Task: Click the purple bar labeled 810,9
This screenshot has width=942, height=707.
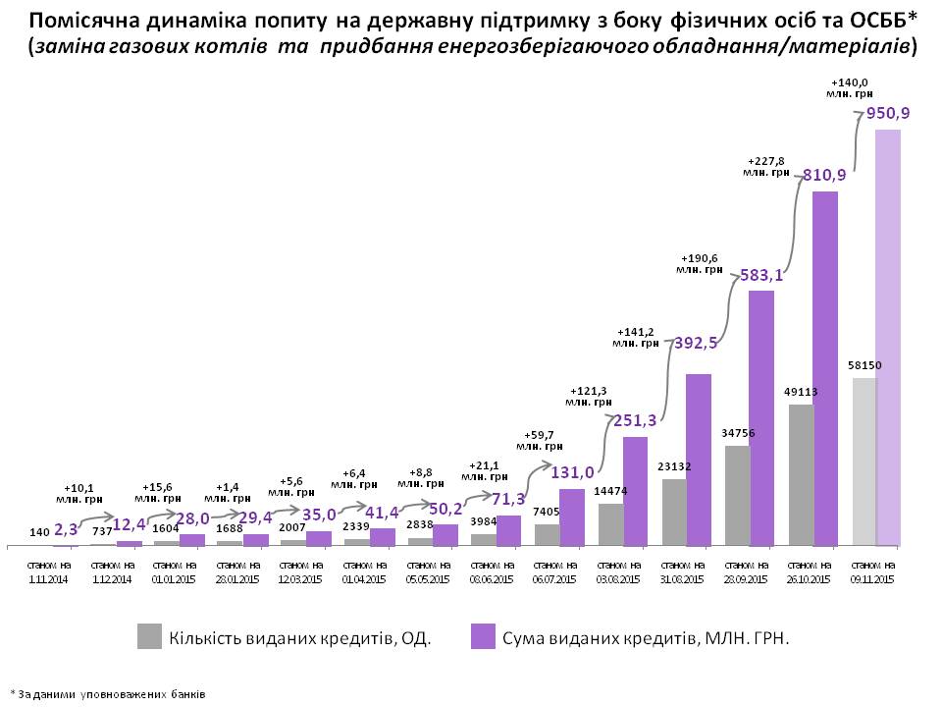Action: click(825, 368)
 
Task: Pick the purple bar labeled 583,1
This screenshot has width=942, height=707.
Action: click(761, 417)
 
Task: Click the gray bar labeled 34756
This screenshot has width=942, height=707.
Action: click(737, 495)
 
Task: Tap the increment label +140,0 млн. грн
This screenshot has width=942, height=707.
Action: click(850, 87)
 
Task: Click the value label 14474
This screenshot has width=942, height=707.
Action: click(610, 491)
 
